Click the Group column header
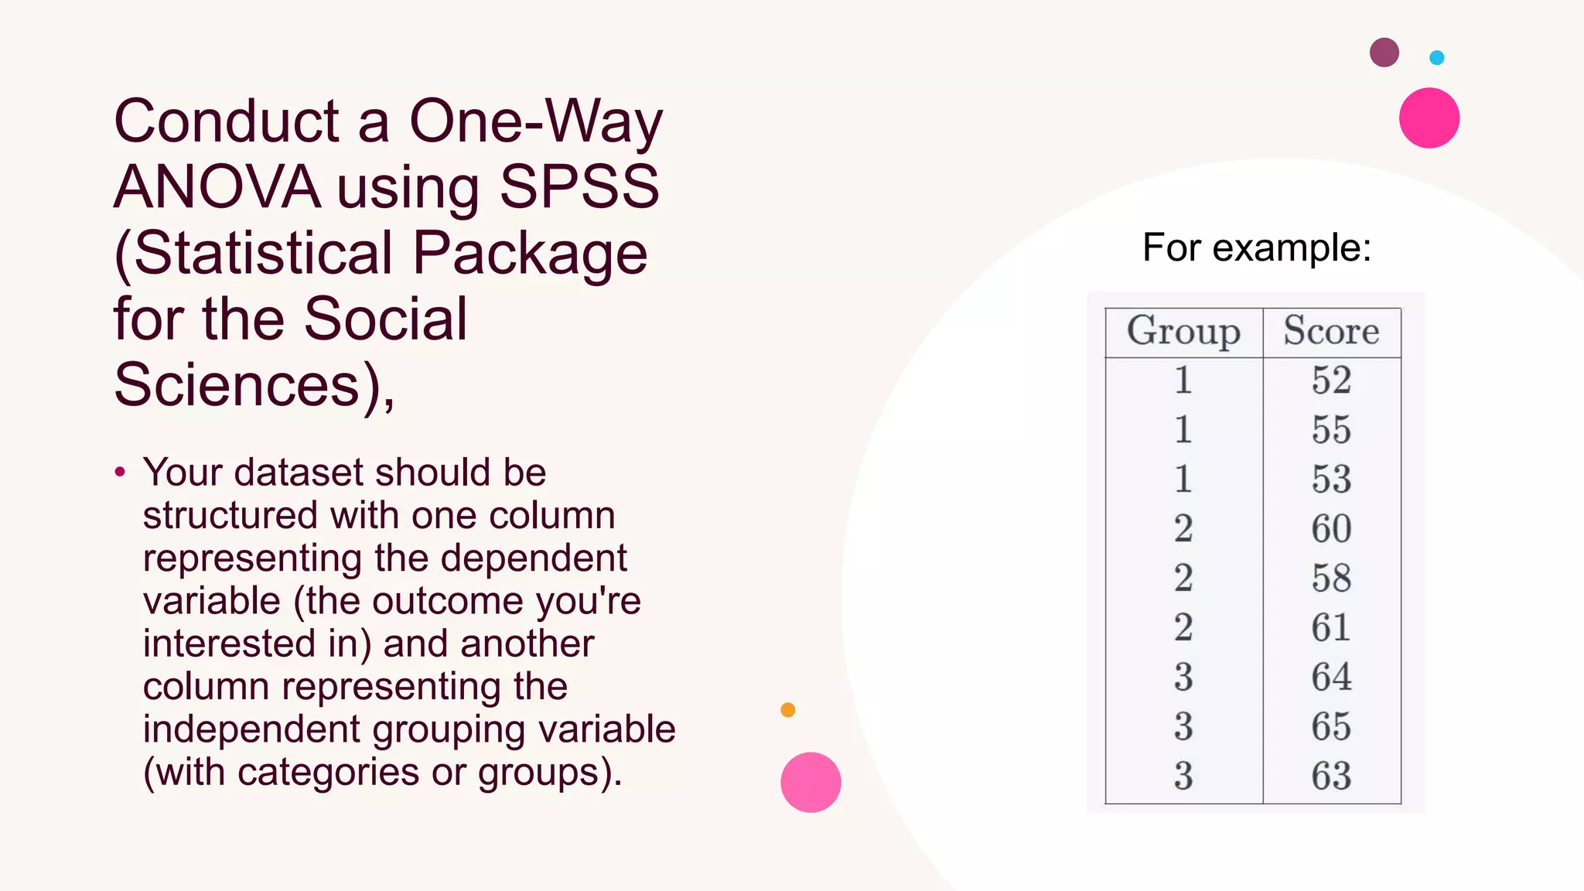tap(1183, 332)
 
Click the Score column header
tap(1331, 331)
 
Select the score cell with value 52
tap(1331, 381)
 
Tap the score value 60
tap(1331, 529)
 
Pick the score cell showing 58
tap(1331, 579)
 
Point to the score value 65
tap(1331, 727)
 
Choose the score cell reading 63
tap(1331, 777)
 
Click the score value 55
tap(1331, 430)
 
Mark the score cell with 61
tap(1331, 628)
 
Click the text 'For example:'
tap(1257, 248)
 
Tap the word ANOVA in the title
tap(217, 187)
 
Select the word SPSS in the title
tap(579, 187)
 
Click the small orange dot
tap(788, 710)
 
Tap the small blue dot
tap(1437, 57)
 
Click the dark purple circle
tap(1384, 53)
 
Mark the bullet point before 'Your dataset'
tap(120, 472)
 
